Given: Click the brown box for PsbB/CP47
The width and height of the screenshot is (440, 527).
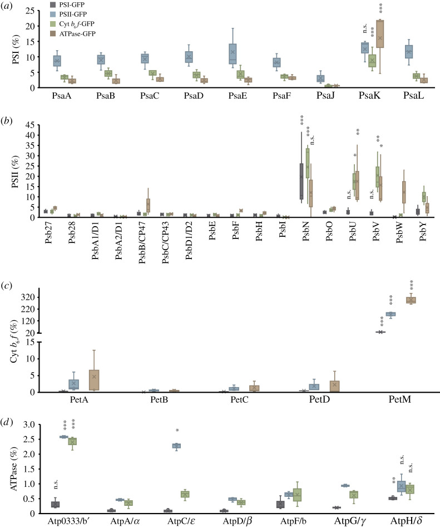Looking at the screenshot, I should coord(148,206).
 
